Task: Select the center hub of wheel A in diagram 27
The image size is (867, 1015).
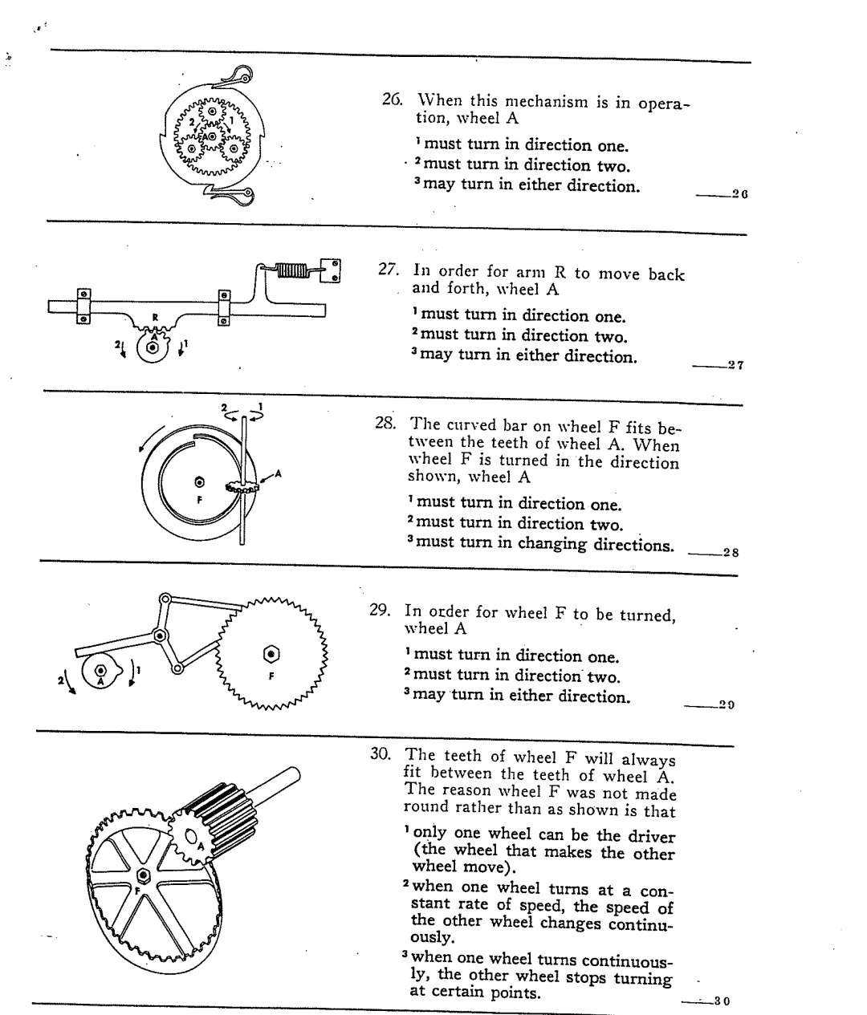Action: [151, 347]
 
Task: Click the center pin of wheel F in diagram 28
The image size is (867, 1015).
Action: [199, 483]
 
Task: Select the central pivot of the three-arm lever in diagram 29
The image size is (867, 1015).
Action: [160, 635]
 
